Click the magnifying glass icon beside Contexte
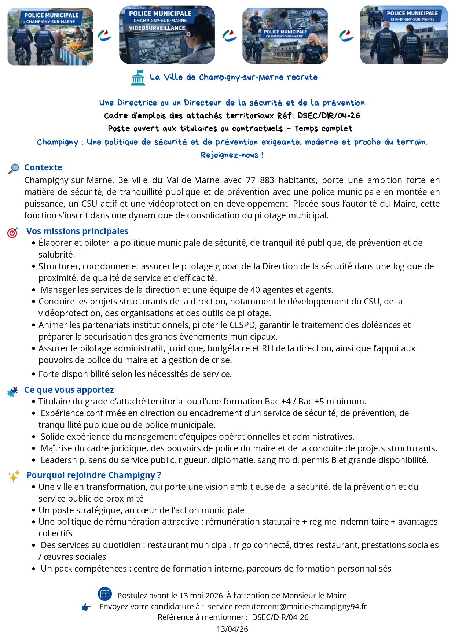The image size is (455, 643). [14, 169]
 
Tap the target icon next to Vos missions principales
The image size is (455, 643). [12, 232]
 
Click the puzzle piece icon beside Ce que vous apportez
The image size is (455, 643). [12, 392]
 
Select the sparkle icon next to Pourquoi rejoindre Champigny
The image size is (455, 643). [14, 476]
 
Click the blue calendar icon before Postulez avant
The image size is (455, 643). [105, 594]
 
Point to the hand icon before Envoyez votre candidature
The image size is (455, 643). [86, 607]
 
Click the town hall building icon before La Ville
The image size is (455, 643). [138, 78]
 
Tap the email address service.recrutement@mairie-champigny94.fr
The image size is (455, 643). [287, 607]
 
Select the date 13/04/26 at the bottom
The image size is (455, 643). [232, 629]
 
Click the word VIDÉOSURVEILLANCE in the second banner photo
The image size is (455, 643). [157, 28]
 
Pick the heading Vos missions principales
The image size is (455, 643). [77, 231]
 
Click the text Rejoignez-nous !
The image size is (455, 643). [232, 155]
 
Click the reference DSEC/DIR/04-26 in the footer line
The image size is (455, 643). [280, 617]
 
